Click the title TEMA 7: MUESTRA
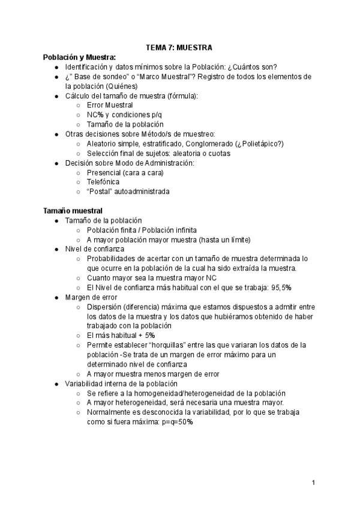click(x=179, y=47)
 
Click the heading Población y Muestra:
click(x=79, y=57)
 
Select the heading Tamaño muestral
click(x=73, y=211)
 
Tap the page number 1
click(x=314, y=482)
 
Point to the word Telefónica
click(x=103, y=182)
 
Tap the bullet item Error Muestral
click(x=110, y=105)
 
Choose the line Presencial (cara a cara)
click(x=125, y=172)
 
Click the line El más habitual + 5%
click(x=121, y=336)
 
